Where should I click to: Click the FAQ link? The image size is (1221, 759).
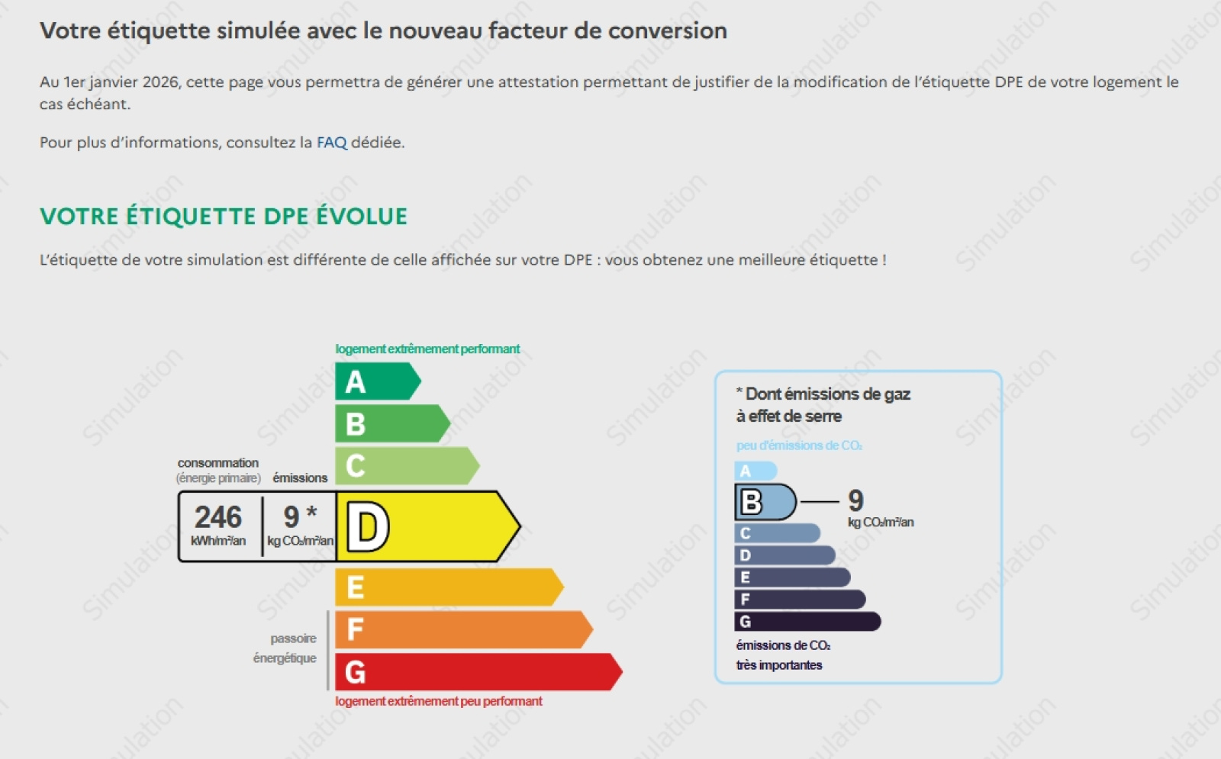tap(331, 143)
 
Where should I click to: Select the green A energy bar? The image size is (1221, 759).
tap(377, 381)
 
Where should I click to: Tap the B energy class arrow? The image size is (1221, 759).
tap(391, 423)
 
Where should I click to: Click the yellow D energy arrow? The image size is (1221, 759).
tap(427, 526)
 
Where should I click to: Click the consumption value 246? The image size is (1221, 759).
tap(218, 518)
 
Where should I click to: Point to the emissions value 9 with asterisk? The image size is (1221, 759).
tap(299, 517)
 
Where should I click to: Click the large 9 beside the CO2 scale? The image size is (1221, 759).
tap(855, 500)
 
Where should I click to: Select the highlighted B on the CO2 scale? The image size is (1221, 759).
tap(764, 502)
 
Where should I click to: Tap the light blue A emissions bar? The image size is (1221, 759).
tap(755, 471)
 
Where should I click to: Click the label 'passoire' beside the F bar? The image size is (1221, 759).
tap(293, 638)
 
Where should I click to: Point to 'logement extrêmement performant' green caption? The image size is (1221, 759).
tap(427, 349)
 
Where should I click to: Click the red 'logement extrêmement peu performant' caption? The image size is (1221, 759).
tap(439, 701)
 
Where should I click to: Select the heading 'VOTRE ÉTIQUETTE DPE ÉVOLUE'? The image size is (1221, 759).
tap(224, 217)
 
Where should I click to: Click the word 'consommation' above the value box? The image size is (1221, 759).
tap(218, 463)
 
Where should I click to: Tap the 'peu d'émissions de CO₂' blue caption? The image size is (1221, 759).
tap(799, 445)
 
